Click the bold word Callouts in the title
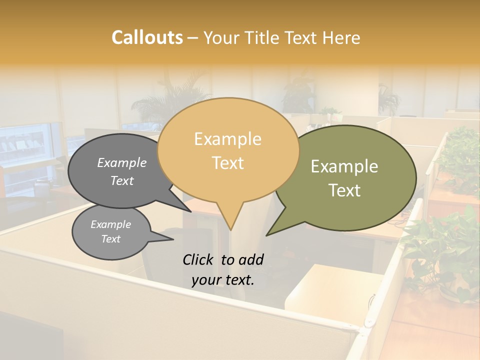coord(147,37)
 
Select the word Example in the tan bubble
coord(227,139)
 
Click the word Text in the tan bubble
coord(227,163)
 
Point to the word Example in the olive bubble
coord(344,166)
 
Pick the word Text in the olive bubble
coord(344,190)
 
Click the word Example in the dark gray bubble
coord(122,162)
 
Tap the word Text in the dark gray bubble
coord(122,180)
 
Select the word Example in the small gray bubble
coord(110,224)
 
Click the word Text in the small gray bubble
coord(110,239)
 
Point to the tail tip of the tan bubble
coord(230,230)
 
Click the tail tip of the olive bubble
coord(266,235)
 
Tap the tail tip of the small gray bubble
coord(173,240)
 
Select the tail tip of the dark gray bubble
coord(191,212)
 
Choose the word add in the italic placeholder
coord(250,259)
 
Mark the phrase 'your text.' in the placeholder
coord(222,280)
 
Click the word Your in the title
coord(222,37)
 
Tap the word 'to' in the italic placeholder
coord(227,259)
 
